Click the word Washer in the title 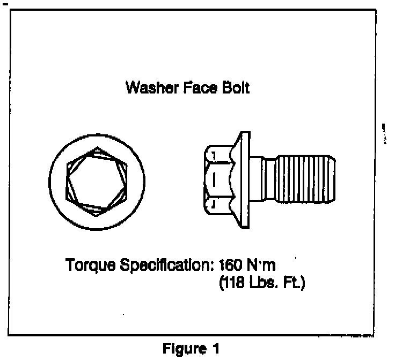(x=147, y=87)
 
